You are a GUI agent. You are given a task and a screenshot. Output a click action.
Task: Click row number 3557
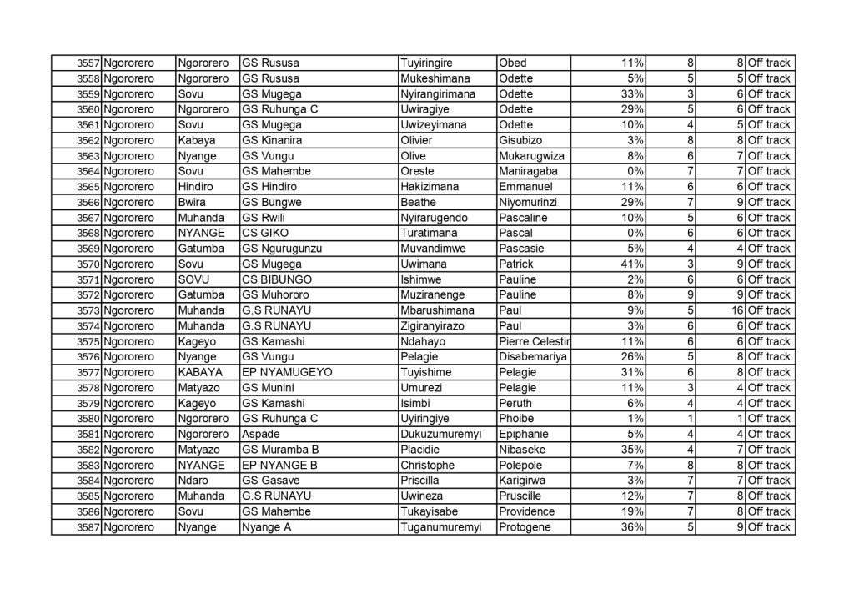pyautogui.click(x=88, y=63)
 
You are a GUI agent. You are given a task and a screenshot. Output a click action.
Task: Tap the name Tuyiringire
pyautogui.click(x=433, y=63)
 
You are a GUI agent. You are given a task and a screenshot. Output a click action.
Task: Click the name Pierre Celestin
pyautogui.click(x=534, y=341)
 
